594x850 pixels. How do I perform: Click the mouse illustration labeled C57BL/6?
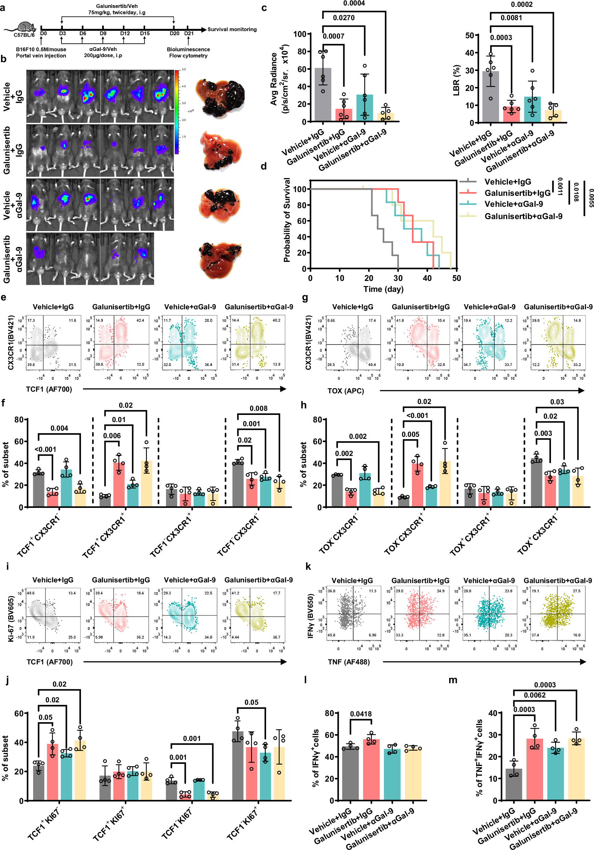pos(25,27)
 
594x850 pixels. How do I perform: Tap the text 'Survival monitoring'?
pos(232,29)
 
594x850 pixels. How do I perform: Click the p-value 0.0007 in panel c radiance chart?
pos(333,36)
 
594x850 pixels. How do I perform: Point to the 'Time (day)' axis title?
pos(383,289)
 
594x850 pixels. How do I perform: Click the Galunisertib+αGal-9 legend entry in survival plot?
pos(523,216)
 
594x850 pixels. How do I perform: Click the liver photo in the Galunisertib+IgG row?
pos(221,151)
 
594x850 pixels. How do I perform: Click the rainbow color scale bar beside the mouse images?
pos(177,111)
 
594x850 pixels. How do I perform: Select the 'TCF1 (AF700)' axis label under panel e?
pos(49,389)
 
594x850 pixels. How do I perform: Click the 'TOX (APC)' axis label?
pos(345,391)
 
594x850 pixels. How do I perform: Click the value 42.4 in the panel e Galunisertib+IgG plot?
pos(140,321)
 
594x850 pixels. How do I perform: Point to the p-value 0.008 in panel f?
pos(258,408)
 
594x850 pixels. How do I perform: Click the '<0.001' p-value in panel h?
pos(417,416)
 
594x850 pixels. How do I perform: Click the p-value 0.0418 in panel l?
pos(361,714)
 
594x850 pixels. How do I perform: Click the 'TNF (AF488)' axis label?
pos(349,662)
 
